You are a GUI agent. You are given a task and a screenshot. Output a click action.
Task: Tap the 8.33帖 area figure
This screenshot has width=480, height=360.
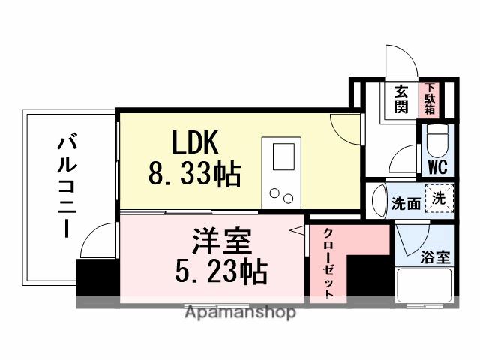193,175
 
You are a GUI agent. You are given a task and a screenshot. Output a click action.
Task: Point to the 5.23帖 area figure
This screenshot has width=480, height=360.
220,273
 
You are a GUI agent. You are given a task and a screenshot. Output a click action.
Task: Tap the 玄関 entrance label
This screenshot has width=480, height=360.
402,98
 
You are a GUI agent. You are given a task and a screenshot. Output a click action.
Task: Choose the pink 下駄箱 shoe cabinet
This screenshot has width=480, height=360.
430,97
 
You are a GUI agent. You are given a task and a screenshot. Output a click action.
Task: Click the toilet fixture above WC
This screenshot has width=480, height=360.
436,140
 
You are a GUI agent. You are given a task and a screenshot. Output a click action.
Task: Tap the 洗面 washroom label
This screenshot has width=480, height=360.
406,204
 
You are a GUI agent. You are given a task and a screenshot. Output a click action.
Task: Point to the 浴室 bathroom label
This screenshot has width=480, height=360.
435,257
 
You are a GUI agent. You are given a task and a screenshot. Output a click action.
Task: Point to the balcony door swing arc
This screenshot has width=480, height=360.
96,244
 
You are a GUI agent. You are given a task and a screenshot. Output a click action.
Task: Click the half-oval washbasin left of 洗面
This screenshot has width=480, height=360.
379,201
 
